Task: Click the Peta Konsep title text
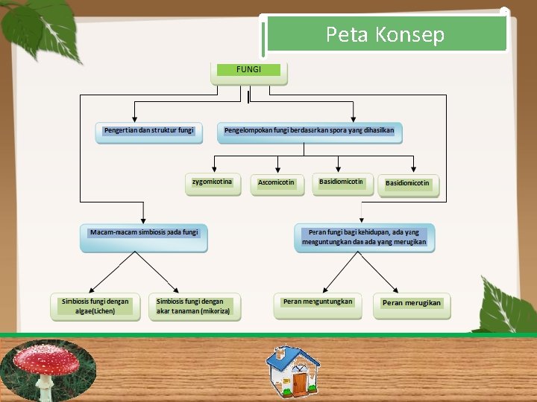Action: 385,34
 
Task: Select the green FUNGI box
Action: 249,70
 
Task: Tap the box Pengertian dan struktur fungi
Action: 148,131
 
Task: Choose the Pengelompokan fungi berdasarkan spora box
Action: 310,132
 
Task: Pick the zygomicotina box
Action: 213,183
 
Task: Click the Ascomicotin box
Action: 277,183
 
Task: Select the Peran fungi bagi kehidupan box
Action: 364,237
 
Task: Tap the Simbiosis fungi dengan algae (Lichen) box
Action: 95,307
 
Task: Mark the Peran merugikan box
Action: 412,304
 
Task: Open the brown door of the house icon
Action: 299,383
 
